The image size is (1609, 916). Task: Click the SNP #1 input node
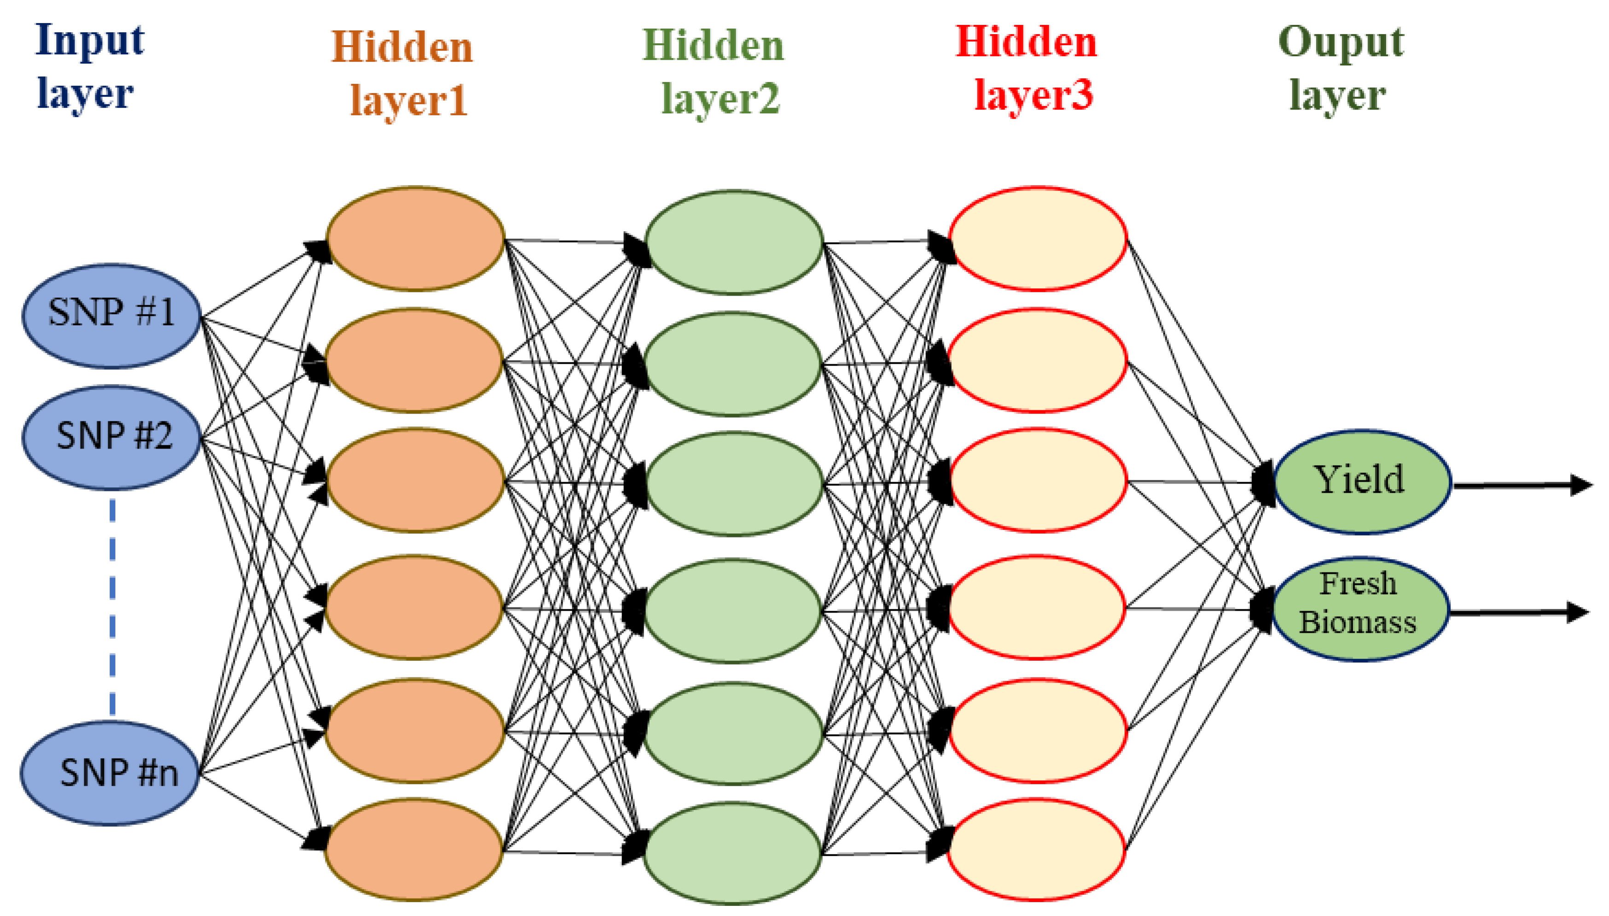[111, 315]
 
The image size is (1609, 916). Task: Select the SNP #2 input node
[111, 437]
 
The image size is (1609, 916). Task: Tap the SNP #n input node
[110, 773]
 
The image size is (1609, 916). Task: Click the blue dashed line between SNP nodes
[112, 607]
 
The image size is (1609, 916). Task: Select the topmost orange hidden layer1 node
[415, 239]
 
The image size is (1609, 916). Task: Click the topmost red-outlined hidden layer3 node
[1038, 239]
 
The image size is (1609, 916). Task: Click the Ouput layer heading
[1339, 68]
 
